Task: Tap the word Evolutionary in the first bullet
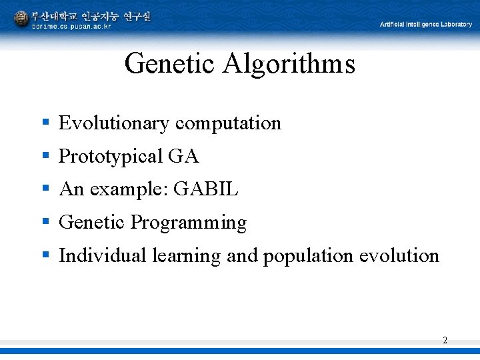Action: pos(114,123)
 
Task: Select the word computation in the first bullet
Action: pos(228,123)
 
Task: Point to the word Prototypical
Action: pos(111,157)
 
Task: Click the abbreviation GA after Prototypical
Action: pos(183,157)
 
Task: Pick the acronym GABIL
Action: pos(205,189)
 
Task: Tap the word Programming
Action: pos(189,223)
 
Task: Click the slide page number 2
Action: pos(445,341)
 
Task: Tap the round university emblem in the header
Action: pos(21,18)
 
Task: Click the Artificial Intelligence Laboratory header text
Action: pos(425,25)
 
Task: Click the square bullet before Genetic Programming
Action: pos(45,221)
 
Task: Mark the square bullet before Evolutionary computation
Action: pos(45,122)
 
